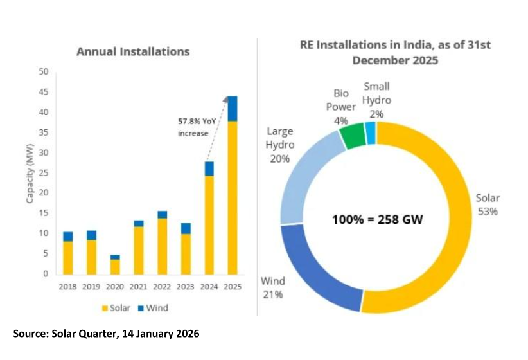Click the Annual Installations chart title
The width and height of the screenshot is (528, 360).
pos(133,51)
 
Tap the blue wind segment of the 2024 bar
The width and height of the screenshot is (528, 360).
pos(209,168)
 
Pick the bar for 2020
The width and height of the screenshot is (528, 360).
pos(114,265)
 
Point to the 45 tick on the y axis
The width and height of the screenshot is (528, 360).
pos(44,92)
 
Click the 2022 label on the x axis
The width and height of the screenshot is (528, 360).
pos(162,287)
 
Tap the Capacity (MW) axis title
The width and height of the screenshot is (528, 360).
pos(30,173)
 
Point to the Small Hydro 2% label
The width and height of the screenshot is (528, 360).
pos(376,100)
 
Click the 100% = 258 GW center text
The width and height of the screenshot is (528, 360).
pos(378,220)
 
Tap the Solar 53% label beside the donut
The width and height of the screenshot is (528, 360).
pos(487,204)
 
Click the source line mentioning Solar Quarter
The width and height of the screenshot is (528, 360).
pos(106,334)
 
